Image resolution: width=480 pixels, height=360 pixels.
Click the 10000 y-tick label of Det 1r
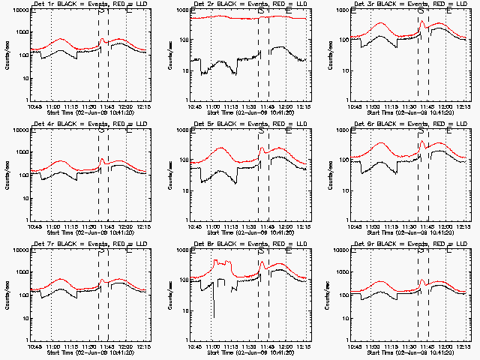click(19, 12)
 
